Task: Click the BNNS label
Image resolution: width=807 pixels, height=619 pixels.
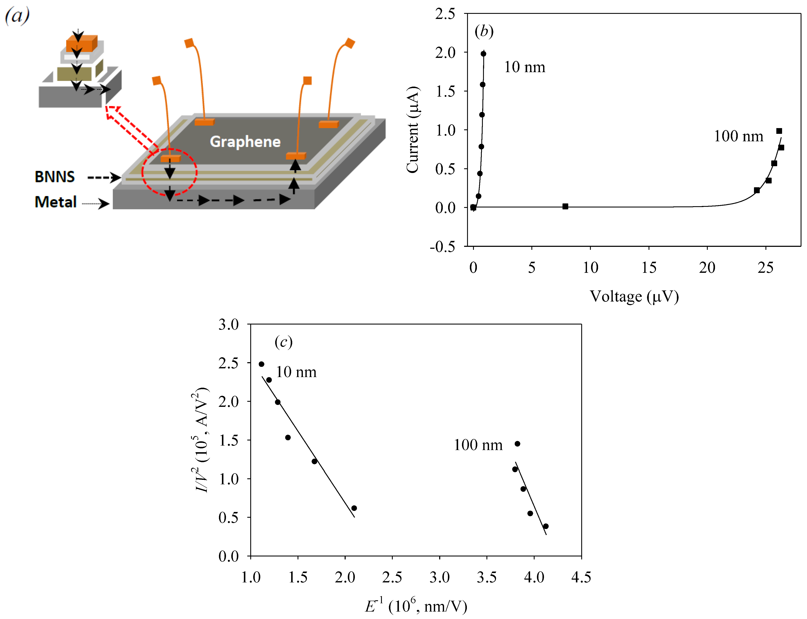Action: pos(55,177)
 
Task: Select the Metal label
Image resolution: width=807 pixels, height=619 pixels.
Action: pos(56,202)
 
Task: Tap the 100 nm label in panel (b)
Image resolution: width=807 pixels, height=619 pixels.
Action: pos(738,136)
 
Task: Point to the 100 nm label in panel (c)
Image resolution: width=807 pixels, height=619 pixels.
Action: pos(478,445)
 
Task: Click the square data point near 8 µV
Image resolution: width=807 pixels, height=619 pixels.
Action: pos(565,206)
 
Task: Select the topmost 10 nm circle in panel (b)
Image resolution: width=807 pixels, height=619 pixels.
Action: pos(483,54)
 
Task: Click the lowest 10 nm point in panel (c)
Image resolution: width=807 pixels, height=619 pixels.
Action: pos(354,508)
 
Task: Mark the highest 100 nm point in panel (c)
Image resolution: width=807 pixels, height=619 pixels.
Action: pos(517,444)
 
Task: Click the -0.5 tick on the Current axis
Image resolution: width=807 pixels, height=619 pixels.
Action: pos(442,246)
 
